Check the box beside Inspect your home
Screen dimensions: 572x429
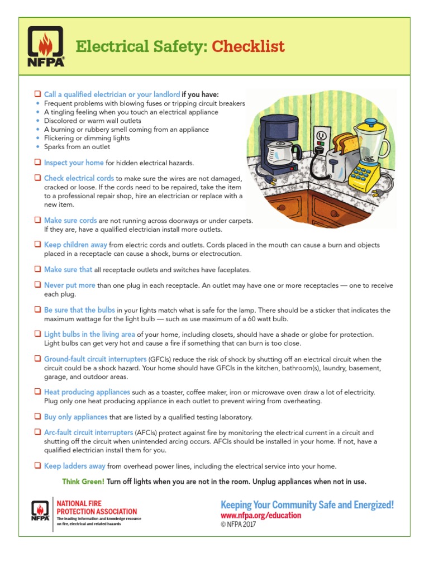[37, 163]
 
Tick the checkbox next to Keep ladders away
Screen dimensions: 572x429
[37, 466]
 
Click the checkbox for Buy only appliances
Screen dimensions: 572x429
[37, 417]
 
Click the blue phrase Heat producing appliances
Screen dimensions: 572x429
[87, 392]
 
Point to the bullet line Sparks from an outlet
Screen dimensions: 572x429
[77, 147]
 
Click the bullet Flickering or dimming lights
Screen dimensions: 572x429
[87, 138]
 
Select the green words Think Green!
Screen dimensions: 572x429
[83, 482]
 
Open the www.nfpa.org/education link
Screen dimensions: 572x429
[261, 516]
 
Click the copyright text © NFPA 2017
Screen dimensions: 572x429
[239, 525]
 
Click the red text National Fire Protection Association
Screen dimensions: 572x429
[97, 507]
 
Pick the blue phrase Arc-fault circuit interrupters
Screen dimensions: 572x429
[88, 432]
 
